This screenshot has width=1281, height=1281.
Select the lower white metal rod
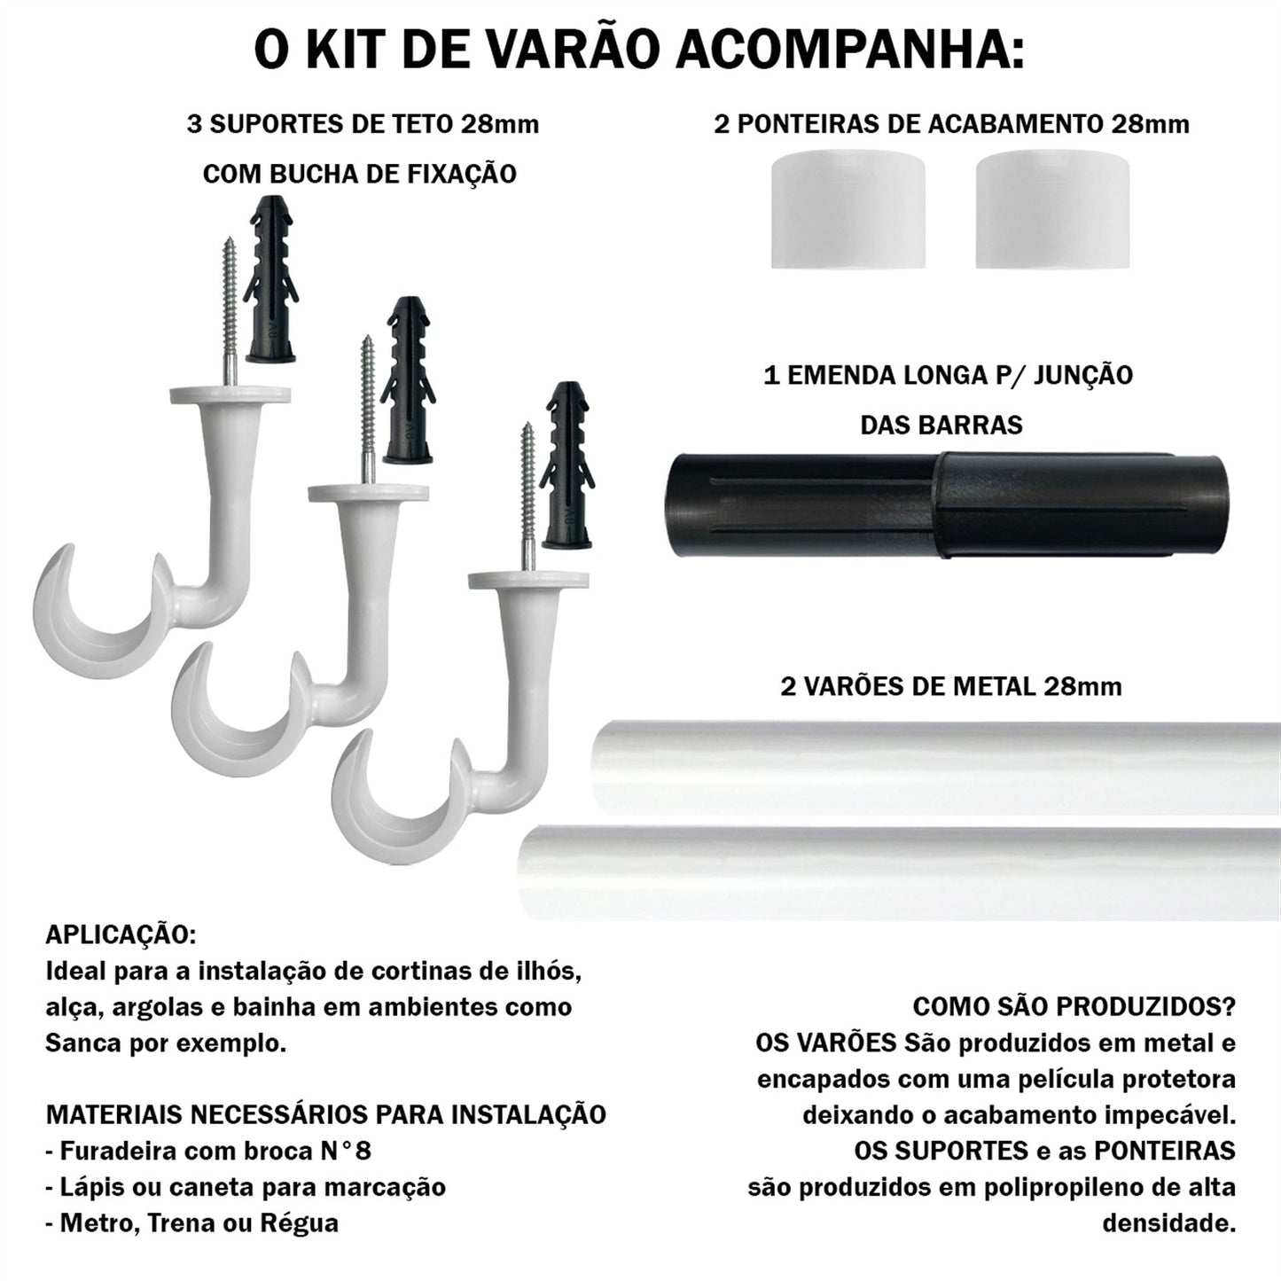click(x=900, y=872)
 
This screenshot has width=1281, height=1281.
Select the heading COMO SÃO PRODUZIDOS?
click(x=1074, y=1007)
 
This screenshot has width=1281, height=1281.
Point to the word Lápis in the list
click(x=92, y=1187)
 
